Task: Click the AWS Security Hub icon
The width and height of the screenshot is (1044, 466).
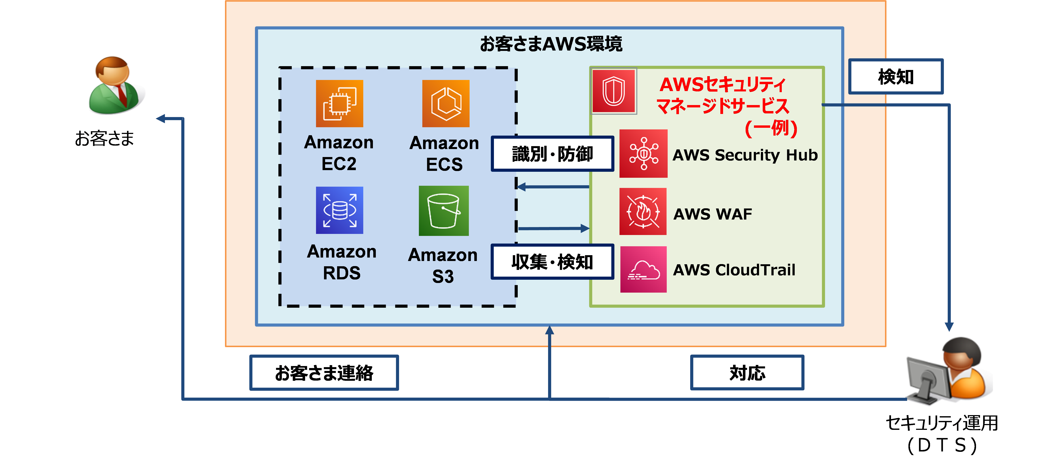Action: point(643,154)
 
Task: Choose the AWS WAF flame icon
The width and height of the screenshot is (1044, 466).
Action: point(643,212)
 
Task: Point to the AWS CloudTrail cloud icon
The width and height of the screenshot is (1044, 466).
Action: point(643,270)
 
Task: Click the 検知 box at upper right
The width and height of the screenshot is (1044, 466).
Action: point(896,77)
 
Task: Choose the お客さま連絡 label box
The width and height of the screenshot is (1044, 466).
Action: point(324,373)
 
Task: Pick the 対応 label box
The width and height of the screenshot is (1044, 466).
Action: point(747,373)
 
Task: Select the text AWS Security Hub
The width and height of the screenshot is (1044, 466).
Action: point(745,155)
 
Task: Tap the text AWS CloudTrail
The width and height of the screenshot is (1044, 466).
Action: point(734,270)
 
